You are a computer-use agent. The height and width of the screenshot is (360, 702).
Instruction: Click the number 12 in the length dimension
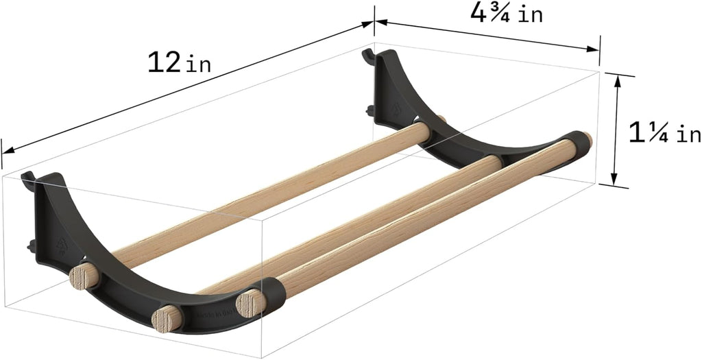163,62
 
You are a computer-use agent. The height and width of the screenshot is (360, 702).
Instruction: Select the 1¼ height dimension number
649,133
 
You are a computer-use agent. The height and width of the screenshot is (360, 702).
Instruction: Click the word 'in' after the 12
198,65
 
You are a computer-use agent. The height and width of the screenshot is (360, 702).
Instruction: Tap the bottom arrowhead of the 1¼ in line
615,180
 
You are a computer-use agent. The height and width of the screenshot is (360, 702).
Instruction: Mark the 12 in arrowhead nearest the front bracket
7,152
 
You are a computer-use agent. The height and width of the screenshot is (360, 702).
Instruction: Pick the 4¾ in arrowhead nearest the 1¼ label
593,49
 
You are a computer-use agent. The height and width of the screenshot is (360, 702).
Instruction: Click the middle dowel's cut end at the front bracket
167,320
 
